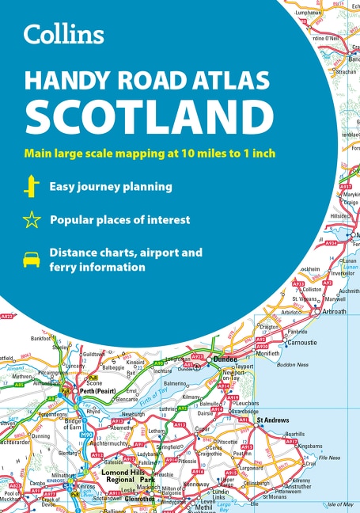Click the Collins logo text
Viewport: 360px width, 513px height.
(64, 35)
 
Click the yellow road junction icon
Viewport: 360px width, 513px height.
(32, 187)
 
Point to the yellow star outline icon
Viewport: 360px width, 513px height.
(32, 220)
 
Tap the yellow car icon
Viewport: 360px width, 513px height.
(32, 259)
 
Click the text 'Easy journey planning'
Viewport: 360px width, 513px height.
(111, 188)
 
